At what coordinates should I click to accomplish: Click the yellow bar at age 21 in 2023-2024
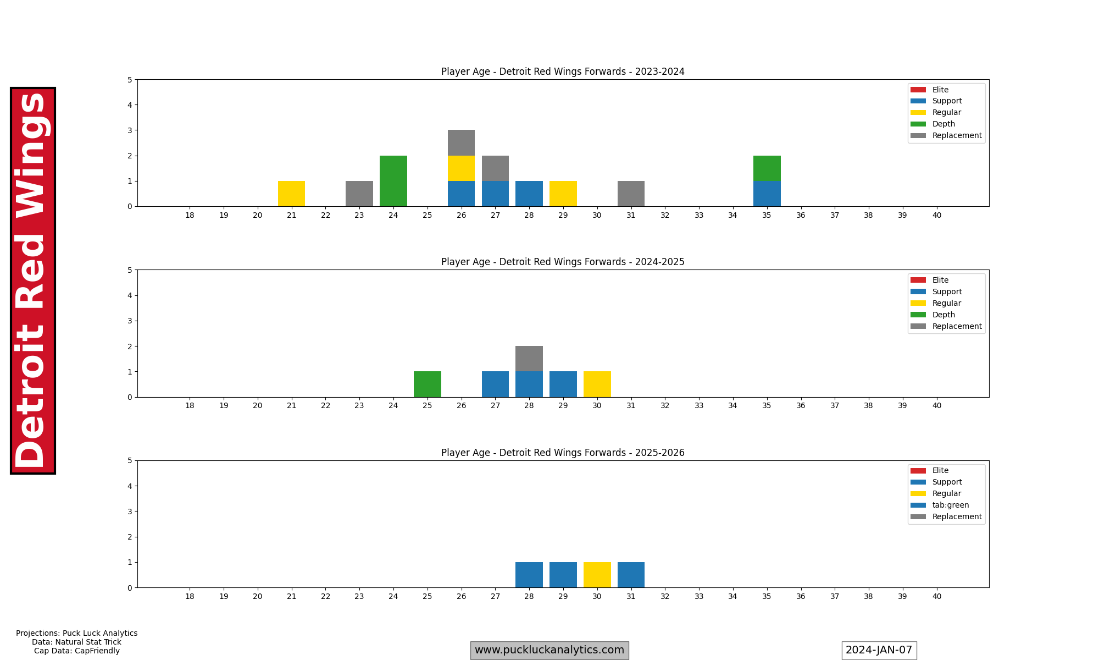pyautogui.click(x=291, y=194)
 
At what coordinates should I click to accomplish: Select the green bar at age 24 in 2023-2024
pyautogui.click(x=393, y=181)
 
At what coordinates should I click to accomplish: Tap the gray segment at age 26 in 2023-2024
pyautogui.click(x=461, y=143)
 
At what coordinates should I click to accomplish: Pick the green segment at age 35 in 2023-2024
pyautogui.click(x=767, y=168)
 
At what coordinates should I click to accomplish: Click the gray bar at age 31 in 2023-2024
pyautogui.click(x=631, y=194)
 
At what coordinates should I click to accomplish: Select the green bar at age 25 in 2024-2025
pyautogui.click(x=427, y=384)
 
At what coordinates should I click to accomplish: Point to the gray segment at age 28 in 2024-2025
pyautogui.click(x=529, y=359)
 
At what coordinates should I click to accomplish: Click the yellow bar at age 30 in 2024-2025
pyautogui.click(x=597, y=384)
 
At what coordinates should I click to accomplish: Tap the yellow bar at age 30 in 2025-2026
pyautogui.click(x=597, y=575)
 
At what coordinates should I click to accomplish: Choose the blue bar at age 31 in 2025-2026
pyautogui.click(x=631, y=575)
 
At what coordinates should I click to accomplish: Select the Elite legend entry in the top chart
pyautogui.click(x=940, y=90)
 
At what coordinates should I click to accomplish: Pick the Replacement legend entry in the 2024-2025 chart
pyautogui.click(x=957, y=326)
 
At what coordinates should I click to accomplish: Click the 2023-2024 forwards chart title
pyautogui.click(x=563, y=71)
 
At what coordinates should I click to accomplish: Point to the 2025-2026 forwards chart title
pyautogui.click(x=563, y=453)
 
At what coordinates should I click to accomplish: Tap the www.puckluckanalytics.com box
pyautogui.click(x=549, y=650)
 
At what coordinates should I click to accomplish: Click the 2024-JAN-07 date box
pyautogui.click(x=879, y=650)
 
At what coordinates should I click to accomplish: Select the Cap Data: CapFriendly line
pyautogui.click(x=77, y=651)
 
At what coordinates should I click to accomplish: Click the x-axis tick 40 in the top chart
pyautogui.click(x=936, y=215)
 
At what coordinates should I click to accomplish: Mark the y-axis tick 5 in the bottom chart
pyautogui.click(x=130, y=461)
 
